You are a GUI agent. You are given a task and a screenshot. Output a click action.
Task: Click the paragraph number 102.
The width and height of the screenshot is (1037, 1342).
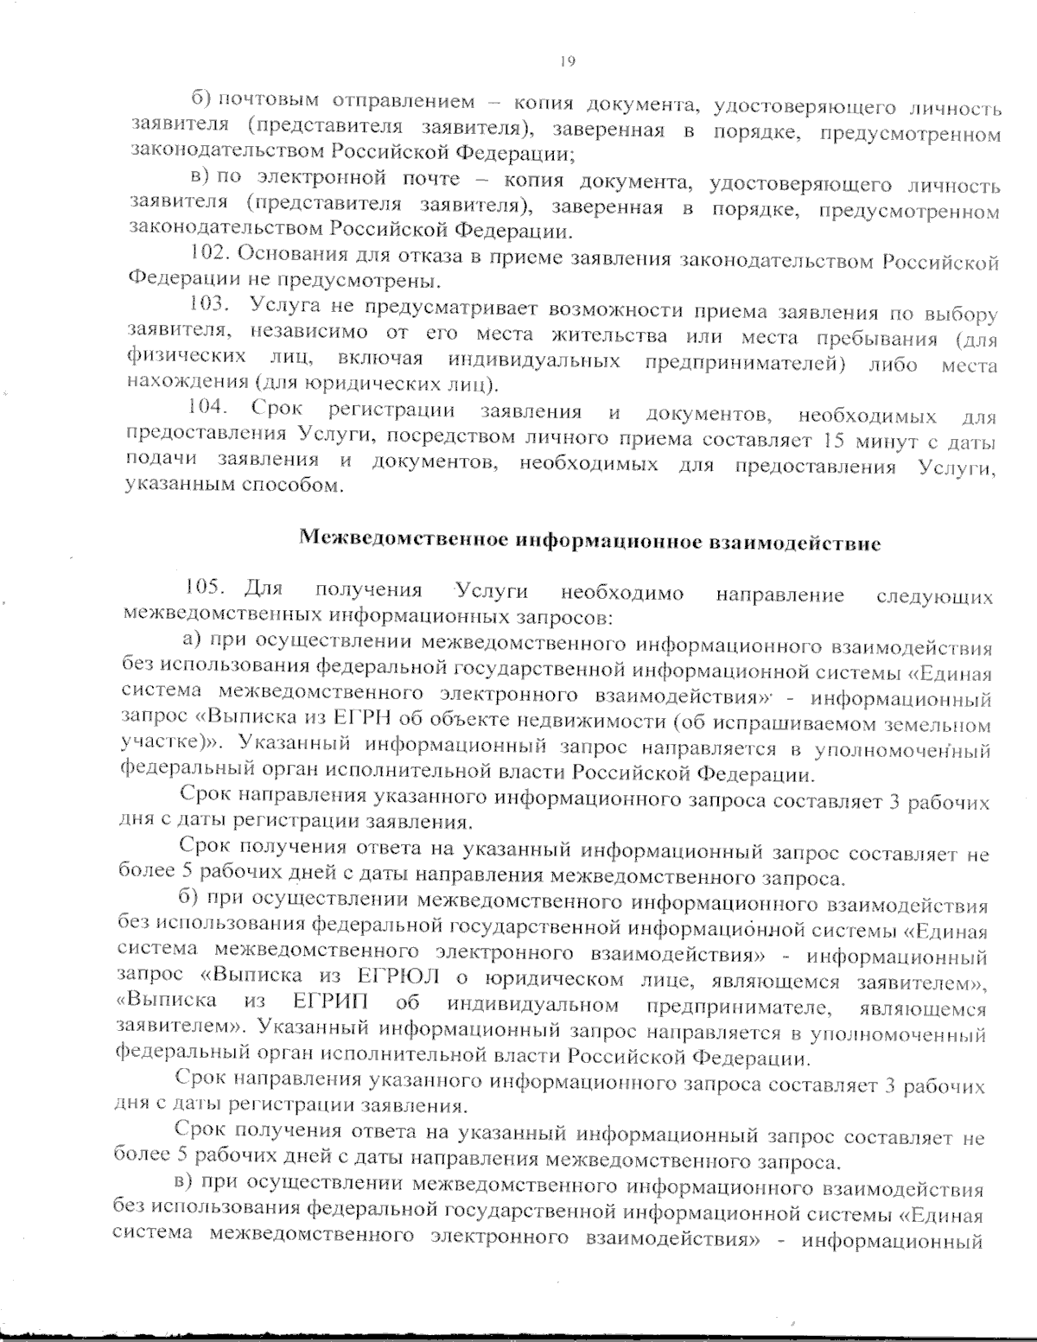click(208, 255)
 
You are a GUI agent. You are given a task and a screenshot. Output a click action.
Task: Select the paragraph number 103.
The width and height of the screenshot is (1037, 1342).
click(208, 304)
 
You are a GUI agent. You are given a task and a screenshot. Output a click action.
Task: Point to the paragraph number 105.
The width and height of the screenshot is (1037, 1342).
click(201, 589)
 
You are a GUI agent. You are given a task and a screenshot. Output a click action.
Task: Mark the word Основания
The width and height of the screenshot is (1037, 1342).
click(288, 255)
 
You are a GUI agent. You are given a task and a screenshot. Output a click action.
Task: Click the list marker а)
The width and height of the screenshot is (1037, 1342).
click(191, 641)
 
